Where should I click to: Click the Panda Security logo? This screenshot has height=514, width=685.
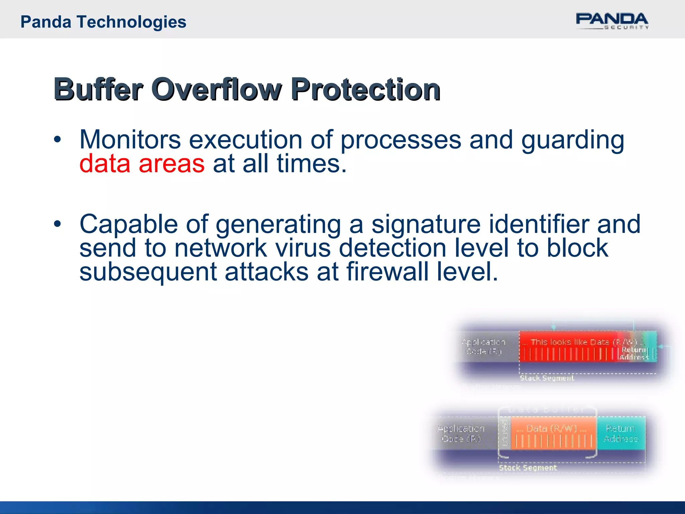click(612, 21)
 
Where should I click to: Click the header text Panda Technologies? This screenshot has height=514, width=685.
click(103, 22)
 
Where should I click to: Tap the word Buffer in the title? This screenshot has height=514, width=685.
click(98, 89)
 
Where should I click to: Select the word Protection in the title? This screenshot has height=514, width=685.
click(366, 89)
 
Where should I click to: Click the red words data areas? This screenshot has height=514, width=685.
click(142, 164)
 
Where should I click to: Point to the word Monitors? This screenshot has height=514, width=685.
click(130, 140)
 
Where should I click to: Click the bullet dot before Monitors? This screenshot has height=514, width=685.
click(58, 140)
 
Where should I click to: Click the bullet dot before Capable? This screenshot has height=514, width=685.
click(58, 224)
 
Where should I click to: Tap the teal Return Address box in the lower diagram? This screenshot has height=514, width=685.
click(621, 433)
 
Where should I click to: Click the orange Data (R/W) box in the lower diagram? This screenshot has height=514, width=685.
click(553, 433)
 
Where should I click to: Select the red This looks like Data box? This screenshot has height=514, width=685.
click(569, 346)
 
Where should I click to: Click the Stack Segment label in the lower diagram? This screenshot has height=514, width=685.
click(528, 467)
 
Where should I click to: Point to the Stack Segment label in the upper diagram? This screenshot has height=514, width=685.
click(547, 378)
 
